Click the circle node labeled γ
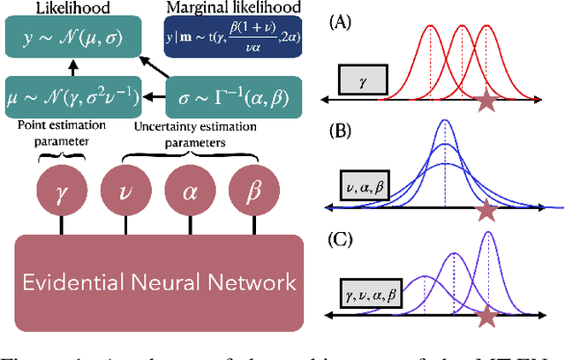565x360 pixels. click(60, 191)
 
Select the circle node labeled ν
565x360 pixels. click(123, 191)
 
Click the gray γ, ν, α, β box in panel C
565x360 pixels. click(372, 292)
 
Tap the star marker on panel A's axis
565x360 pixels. click(486, 103)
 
